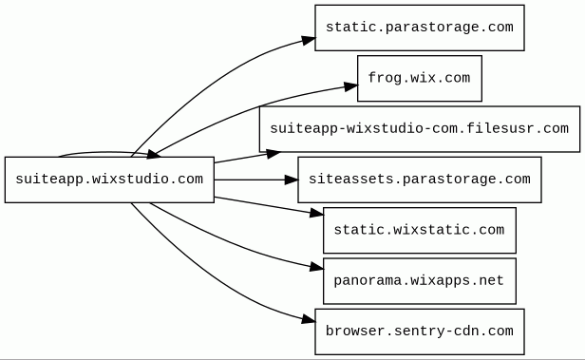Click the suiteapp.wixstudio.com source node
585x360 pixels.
click(x=109, y=180)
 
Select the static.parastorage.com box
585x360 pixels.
click(x=420, y=28)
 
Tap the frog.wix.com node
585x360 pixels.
click(x=420, y=78)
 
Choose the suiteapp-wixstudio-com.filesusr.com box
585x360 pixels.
click(x=420, y=129)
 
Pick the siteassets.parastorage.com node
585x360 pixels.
click(x=420, y=180)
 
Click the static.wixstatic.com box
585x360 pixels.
click(x=420, y=231)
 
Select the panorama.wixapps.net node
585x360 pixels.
click(x=420, y=281)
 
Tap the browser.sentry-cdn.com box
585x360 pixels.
click(x=420, y=332)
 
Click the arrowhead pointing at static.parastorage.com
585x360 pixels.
click(x=309, y=40)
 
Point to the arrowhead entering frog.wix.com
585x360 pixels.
click(x=350, y=86)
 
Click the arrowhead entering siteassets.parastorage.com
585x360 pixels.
click(x=291, y=180)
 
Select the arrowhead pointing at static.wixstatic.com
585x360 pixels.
click(x=316, y=213)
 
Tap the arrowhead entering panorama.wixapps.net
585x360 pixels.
click(x=316, y=267)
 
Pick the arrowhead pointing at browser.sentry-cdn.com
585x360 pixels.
click(x=309, y=319)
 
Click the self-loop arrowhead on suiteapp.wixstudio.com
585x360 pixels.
click(x=153, y=154)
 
